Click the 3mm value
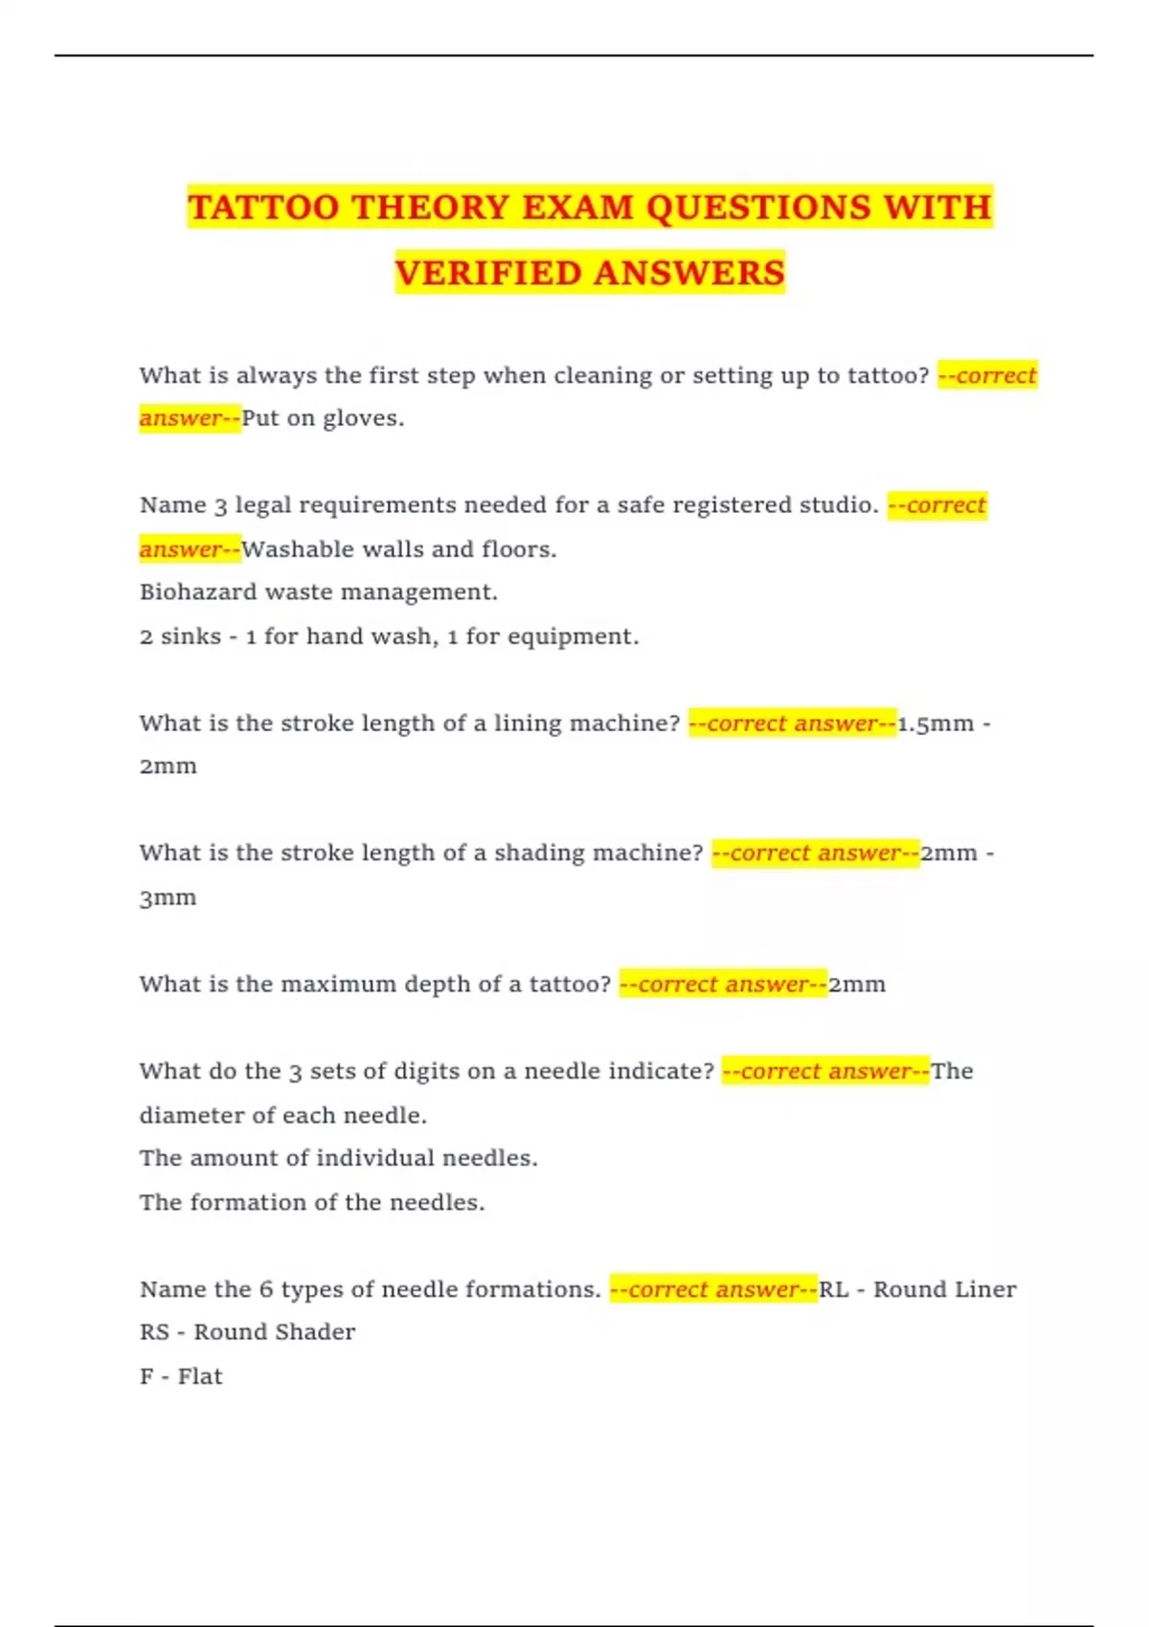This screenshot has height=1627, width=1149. pyautogui.click(x=168, y=898)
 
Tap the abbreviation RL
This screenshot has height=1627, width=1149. pyautogui.click(x=833, y=1290)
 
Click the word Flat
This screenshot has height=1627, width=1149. pyautogui.click(x=200, y=1377)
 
